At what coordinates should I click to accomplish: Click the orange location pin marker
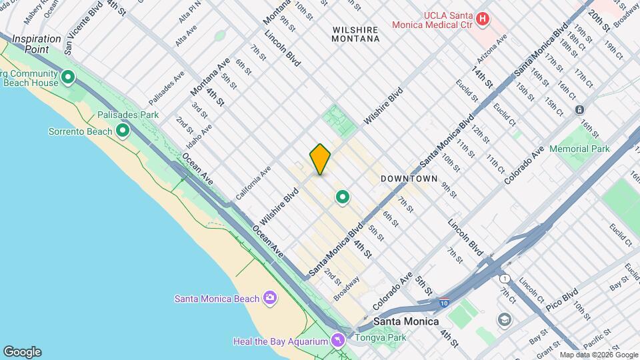[x=320, y=159]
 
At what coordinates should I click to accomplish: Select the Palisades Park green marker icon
[x=122, y=130]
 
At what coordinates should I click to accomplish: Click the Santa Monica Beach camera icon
[x=269, y=297]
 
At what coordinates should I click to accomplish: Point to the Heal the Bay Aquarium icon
[x=339, y=341]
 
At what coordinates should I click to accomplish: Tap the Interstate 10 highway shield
[x=444, y=303]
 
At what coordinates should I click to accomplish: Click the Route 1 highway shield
[x=505, y=278]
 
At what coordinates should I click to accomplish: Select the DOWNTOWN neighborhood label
[x=409, y=179]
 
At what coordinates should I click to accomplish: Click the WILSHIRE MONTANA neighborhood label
[x=355, y=34]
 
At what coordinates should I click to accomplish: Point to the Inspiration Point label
[x=37, y=44]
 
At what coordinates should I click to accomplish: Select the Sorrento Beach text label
[x=80, y=131]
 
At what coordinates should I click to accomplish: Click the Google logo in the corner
[x=22, y=352]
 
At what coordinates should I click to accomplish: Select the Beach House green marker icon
[x=67, y=79]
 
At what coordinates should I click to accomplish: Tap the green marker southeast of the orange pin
[x=343, y=197]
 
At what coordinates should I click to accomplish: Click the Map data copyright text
[x=599, y=355]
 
